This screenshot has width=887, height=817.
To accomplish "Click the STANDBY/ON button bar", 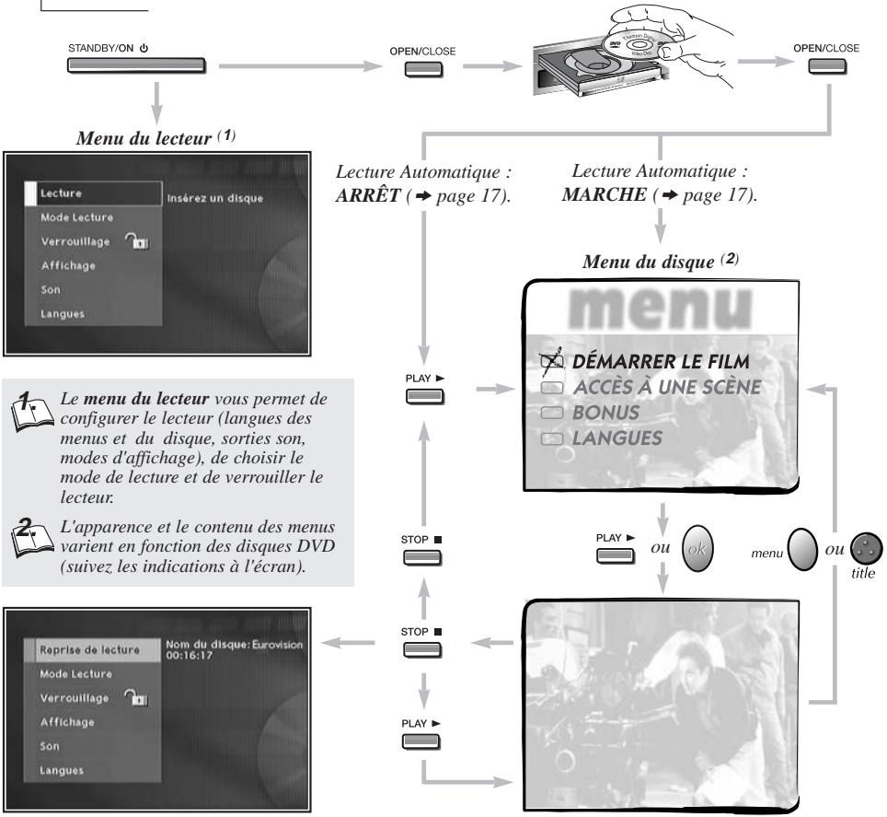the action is [136, 65].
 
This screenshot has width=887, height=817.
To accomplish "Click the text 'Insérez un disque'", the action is [215, 198].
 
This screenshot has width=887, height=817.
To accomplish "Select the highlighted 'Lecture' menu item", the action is [94, 193].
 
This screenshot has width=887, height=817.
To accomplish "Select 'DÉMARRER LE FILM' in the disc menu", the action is [661, 361].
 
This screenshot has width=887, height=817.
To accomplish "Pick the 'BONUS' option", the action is [605, 413].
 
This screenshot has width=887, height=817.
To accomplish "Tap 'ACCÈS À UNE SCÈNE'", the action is [667, 387].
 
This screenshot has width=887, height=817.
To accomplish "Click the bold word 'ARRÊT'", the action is [368, 195].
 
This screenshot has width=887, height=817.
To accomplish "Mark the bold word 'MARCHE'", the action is [605, 194].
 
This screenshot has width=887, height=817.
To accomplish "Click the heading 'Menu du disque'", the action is [649, 262].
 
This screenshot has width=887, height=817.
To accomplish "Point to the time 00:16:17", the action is [189, 656].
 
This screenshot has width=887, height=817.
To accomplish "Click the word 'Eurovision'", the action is [277, 645].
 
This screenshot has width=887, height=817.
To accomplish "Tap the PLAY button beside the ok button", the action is [616, 555].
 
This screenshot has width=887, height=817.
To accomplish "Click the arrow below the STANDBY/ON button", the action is [156, 102].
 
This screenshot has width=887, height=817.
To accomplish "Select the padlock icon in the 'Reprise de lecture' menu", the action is [136, 697].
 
